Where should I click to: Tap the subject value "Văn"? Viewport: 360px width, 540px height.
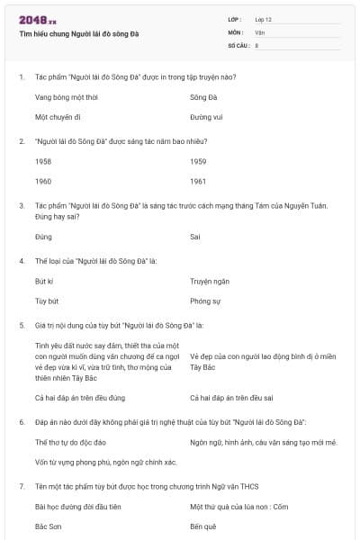click(x=260, y=31)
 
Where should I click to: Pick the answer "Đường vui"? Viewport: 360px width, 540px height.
click(x=206, y=117)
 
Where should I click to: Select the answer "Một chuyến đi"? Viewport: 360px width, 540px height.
click(x=58, y=117)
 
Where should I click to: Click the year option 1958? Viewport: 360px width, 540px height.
click(x=43, y=160)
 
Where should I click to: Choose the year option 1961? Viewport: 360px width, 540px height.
click(x=198, y=181)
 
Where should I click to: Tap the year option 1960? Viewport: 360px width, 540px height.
click(x=43, y=181)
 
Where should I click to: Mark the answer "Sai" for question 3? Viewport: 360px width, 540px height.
click(x=195, y=237)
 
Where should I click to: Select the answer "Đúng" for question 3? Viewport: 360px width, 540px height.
click(x=43, y=237)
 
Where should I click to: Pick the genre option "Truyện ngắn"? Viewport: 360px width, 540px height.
click(x=210, y=281)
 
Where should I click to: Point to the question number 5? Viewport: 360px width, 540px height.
click(x=22, y=324)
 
